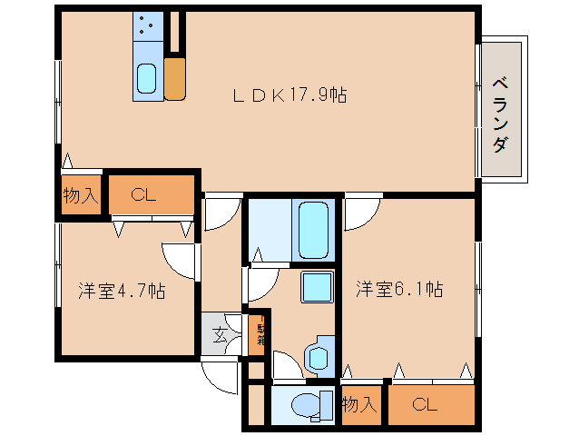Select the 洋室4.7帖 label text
(121, 291)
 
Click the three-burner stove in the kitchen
(147, 26)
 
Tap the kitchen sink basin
(147, 80)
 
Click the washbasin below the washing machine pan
(319, 356)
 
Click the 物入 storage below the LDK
(81, 194)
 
